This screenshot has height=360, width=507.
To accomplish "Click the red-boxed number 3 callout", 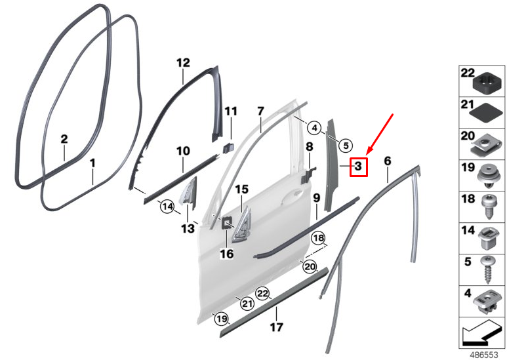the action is (359, 167).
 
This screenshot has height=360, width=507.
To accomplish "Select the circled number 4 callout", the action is (315, 128).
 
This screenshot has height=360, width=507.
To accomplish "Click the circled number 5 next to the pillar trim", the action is (346, 146).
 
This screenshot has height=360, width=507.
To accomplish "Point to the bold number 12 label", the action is (183, 63).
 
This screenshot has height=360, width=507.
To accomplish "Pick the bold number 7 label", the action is (260, 111).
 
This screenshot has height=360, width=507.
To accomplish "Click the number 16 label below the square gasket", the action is (226, 254).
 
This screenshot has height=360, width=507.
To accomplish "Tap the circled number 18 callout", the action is (318, 239).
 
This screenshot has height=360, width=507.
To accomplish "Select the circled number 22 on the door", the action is (262, 294).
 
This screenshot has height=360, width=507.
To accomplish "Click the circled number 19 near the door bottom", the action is (222, 319).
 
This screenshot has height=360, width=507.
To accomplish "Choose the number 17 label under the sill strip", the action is (277, 327).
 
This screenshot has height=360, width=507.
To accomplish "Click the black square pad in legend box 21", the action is (485, 113).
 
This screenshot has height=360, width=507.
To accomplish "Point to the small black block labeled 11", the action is (228, 146).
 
